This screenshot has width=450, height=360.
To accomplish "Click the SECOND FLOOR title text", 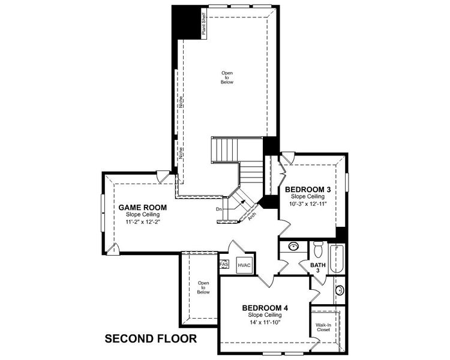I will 151,338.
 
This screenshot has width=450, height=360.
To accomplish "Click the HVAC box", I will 244,265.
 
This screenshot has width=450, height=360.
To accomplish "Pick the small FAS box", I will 224,264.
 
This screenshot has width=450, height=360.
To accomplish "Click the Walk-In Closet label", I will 323,327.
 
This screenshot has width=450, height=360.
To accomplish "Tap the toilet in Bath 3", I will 318,249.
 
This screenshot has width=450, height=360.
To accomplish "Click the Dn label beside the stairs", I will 220,209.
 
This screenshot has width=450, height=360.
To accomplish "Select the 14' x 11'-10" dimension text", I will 264,322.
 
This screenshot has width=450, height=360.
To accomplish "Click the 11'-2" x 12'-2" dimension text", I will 142,222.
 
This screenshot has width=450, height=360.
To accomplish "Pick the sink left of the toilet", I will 293,247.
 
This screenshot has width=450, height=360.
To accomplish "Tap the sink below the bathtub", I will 340,291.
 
